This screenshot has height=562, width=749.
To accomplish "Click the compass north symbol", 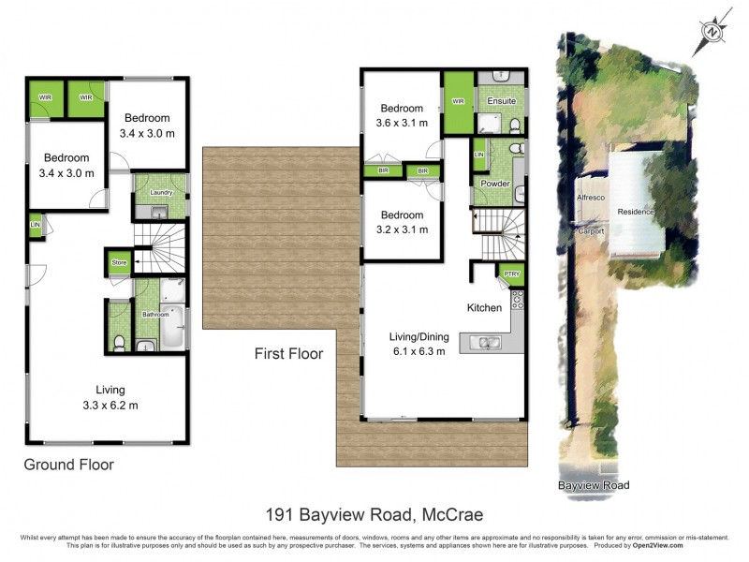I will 714,31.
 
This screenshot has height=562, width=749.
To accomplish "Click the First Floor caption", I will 288,354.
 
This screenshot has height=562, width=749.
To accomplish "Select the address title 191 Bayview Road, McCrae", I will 374,513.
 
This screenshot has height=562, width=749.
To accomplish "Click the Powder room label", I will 495,184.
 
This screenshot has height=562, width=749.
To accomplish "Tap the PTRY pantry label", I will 511,274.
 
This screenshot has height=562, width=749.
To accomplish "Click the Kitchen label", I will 484,307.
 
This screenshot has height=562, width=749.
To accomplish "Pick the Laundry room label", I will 161,193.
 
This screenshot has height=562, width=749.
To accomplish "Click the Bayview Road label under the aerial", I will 594,485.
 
